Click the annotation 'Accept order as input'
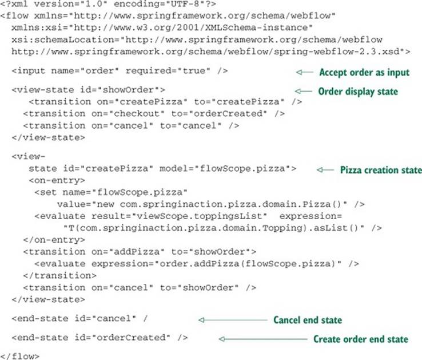364,73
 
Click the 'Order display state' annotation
358,92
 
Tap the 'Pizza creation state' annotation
381,170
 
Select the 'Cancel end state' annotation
308,320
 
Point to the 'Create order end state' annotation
361,339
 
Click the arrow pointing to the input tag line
305,72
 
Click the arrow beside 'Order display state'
303,92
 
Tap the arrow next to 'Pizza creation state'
325,170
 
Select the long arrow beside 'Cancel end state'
233,320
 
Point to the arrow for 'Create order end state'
263,339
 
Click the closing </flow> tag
20,356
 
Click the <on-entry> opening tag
57,180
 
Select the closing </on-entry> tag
54,240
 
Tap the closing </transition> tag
59,276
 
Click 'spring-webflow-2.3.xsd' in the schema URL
337,52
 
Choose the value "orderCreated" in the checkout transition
228,114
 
